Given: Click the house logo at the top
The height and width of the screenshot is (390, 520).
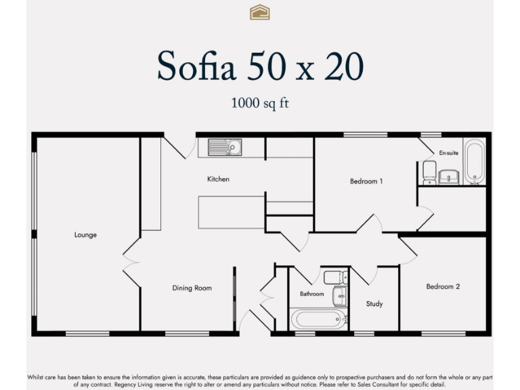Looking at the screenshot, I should (260, 12).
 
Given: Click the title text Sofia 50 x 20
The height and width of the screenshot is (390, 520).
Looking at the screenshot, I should (260, 66).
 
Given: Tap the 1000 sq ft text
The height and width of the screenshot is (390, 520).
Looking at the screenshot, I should (260, 104).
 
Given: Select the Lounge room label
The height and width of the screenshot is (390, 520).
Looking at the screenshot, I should (85, 235).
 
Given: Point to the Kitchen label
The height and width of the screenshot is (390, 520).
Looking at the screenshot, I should (218, 179).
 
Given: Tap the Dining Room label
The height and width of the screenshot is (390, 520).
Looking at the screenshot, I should (192, 288).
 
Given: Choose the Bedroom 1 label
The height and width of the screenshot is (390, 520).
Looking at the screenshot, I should (366, 181).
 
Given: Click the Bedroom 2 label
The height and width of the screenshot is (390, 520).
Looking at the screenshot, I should (443, 286).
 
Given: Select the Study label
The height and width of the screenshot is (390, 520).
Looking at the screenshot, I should (374, 304).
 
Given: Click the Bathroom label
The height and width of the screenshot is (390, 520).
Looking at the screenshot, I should (312, 294).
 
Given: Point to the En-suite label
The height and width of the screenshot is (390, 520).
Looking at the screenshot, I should (449, 153).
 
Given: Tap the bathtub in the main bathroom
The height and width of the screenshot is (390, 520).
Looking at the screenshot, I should (317, 319).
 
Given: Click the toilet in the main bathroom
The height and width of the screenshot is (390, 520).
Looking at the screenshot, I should (334, 277).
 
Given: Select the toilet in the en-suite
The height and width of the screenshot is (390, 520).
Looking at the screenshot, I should (429, 172).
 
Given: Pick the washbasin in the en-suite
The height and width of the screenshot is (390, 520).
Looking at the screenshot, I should (449, 176).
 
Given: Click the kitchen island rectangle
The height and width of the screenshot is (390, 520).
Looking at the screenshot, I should (231, 212).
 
